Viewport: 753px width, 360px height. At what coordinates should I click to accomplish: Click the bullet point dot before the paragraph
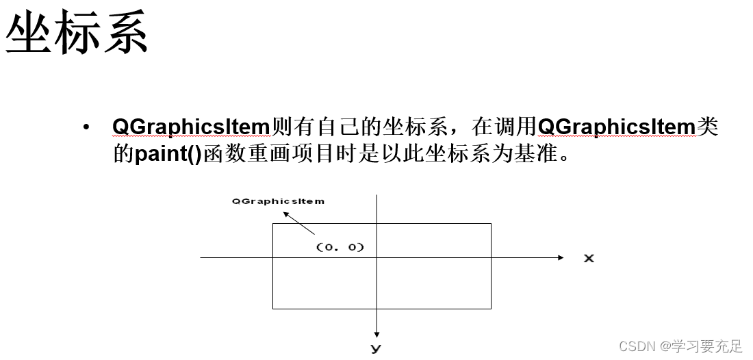(x=86, y=128)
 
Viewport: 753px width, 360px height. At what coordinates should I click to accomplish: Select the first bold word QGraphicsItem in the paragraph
(x=192, y=127)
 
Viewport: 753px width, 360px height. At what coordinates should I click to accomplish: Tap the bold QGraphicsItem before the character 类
(x=617, y=127)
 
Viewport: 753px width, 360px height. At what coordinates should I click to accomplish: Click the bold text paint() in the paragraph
(x=168, y=154)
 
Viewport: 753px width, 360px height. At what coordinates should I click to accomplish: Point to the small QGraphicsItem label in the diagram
(x=278, y=201)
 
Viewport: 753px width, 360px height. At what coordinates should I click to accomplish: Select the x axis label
(x=588, y=258)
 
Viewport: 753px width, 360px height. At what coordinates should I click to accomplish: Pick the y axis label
(x=376, y=348)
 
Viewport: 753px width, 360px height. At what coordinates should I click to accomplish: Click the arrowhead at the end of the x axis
(x=561, y=257)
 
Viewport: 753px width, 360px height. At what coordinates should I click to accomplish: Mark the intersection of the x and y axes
(x=376, y=257)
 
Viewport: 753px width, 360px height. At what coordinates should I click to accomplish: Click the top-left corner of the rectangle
(x=273, y=224)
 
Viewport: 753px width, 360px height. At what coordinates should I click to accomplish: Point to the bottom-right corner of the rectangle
(x=491, y=309)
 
